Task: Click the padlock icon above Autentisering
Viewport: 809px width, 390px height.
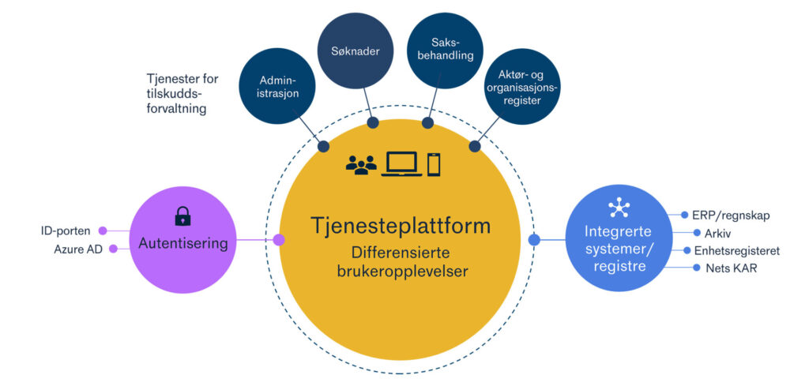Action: pyautogui.click(x=182, y=216)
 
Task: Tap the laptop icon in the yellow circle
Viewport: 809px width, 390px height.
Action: pyautogui.click(x=400, y=164)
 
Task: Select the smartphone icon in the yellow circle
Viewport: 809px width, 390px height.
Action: pyautogui.click(x=434, y=164)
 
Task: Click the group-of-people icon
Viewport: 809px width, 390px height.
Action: pyautogui.click(x=361, y=165)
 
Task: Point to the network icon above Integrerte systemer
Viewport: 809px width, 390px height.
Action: pyautogui.click(x=619, y=208)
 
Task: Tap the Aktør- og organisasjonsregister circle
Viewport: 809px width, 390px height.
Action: pyautogui.click(x=522, y=87)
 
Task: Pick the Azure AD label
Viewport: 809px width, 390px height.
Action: pyautogui.click(x=72, y=249)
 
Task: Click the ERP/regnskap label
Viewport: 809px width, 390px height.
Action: pyautogui.click(x=731, y=215)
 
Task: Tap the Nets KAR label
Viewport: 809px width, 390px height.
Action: pyautogui.click(x=724, y=268)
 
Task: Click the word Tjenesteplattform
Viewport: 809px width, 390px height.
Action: pyautogui.click(x=399, y=226)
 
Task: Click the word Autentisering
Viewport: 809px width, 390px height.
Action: pyautogui.click(x=182, y=243)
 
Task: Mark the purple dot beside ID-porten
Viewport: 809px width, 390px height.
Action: pyautogui.click(x=102, y=231)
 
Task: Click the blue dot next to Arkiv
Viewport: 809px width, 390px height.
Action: pyautogui.click(x=697, y=233)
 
